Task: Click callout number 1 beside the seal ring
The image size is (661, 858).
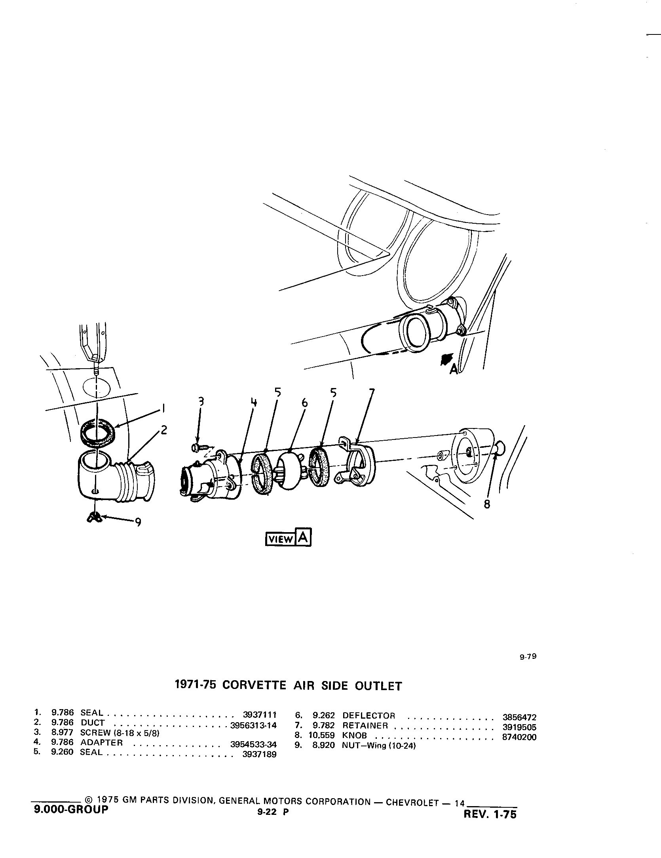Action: pyautogui.click(x=163, y=408)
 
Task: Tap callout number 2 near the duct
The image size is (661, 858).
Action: pyautogui.click(x=163, y=430)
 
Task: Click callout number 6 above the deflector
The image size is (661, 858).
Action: pyautogui.click(x=304, y=403)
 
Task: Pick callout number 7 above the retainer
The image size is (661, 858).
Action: pyautogui.click(x=371, y=394)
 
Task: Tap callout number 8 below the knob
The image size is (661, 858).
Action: pyautogui.click(x=487, y=504)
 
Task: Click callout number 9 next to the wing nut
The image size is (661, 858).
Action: pyautogui.click(x=138, y=523)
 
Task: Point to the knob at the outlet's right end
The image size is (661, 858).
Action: pyautogui.click(x=500, y=449)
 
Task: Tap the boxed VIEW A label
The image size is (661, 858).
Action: pyautogui.click(x=288, y=537)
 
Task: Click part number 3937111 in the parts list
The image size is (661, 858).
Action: pyautogui.click(x=259, y=715)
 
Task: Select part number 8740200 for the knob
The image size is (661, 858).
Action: pyautogui.click(x=519, y=737)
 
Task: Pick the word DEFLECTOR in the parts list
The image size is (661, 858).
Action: pyautogui.click(x=369, y=716)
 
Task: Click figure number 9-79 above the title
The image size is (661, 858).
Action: pyautogui.click(x=528, y=656)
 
